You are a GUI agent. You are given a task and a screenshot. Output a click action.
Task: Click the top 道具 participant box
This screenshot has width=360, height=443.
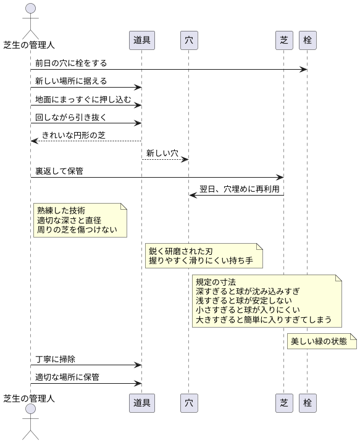[x=142, y=41]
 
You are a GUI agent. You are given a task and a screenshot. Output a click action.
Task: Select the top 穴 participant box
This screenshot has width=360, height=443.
[x=188, y=41]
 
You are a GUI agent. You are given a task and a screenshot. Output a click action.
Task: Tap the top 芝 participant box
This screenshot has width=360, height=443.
[x=283, y=41]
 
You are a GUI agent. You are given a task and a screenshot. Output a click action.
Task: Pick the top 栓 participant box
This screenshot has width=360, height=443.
[x=307, y=41]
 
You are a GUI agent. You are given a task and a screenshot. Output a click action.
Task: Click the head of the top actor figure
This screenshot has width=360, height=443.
[x=30, y=9]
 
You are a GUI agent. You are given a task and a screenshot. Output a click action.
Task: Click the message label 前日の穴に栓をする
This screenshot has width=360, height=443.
[x=71, y=63]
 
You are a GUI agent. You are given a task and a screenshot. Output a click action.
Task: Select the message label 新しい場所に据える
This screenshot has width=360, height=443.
[x=71, y=81]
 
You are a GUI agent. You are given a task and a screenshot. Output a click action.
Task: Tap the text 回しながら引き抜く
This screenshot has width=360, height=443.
[x=71, y=117]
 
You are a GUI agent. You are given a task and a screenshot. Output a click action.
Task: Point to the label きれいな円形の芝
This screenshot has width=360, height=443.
[x=74, y=135]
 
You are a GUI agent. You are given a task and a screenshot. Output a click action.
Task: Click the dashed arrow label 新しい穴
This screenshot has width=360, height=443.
[x=162, y=152]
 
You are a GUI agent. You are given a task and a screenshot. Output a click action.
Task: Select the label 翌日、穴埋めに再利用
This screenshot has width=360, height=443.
[x=239, y=189]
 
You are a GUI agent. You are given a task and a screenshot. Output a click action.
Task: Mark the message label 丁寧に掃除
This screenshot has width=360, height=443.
[x=56, y=358]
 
